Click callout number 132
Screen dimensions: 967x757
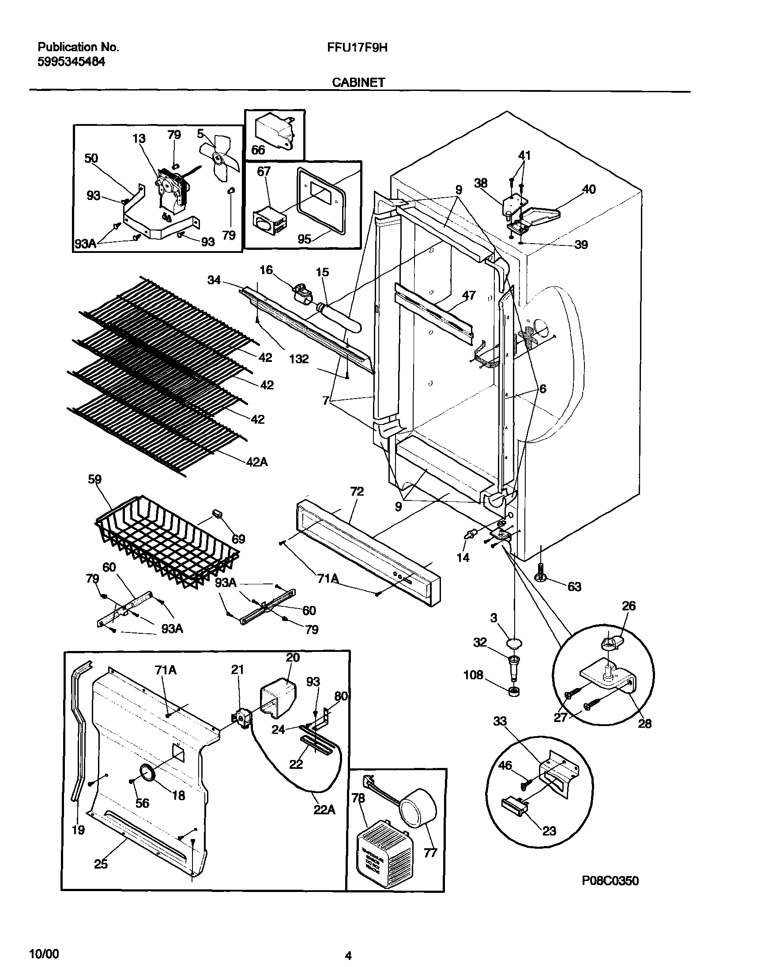(x=299, y=359)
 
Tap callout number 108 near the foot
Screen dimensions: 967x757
(x=473, y=675)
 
